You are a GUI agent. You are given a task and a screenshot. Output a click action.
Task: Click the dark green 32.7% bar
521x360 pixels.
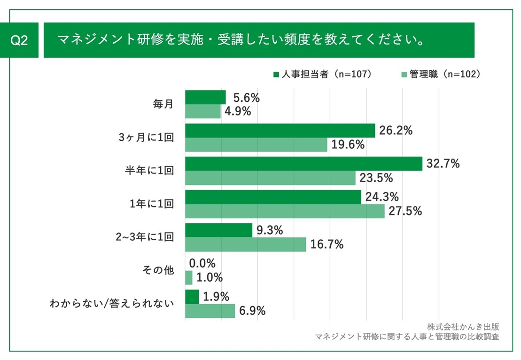pyautogui.click(x=303, y=164)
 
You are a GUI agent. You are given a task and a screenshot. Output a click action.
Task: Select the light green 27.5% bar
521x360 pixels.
pyautogui.click(x=285, y=211)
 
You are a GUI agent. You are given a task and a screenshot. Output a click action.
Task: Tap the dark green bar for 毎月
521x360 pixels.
pyautogui.click(x=205, y=97)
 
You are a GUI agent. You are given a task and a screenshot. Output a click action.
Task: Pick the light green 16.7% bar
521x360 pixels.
pyautogui.click(x=245, y=245)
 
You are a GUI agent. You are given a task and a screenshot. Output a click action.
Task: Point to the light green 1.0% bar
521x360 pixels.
pyautogui.click(x=189, y=278)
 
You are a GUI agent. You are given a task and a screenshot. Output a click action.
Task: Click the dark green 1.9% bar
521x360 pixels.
pyautogui.click(x=192, y=297)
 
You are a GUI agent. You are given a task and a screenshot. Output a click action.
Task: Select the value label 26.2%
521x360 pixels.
pyautogui.click(x=396, y=131)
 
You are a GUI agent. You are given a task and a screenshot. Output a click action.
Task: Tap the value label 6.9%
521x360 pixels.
pyautogui.click(x=253, y=311)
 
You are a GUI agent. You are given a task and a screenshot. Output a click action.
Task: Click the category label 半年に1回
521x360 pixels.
pyautogui.click(x=149, y=170)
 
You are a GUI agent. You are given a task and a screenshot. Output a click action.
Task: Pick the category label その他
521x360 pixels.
pyautogui.click(x=158, y=270)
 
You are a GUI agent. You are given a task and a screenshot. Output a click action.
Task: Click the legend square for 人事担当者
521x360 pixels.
pyautogui.click(x=276, y=74)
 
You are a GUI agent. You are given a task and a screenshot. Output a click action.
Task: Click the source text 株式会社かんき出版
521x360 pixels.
pyautogui.click(x=463, y=327)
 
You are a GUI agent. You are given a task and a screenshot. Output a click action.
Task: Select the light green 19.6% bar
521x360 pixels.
pyautogui.click(x=256, y=145)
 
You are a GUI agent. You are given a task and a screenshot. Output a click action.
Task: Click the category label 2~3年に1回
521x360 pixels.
pyautogui.click(x=145, y=237)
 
